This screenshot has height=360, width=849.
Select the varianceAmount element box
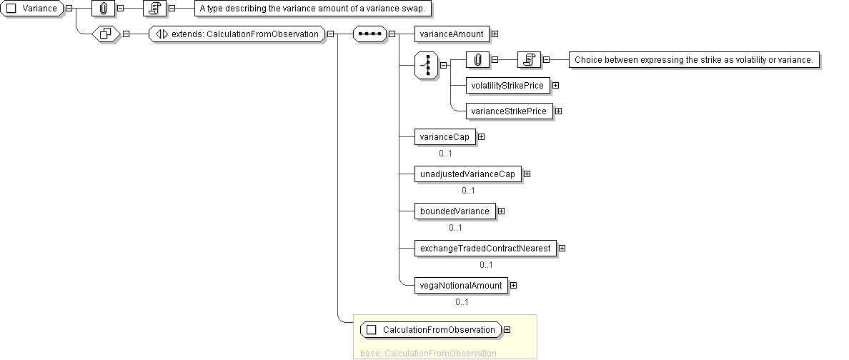[451, 34]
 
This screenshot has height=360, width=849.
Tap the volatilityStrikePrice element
[507, 86]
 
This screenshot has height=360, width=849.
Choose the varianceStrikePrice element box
[509, 111]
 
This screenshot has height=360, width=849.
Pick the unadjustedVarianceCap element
[467, 174]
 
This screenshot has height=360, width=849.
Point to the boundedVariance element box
[455, 211]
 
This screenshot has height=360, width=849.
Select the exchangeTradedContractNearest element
[485, 248]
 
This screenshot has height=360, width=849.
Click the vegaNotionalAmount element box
[461, 285]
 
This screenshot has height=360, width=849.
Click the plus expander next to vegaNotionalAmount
[513, 285]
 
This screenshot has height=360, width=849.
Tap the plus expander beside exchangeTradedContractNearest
[562, 248]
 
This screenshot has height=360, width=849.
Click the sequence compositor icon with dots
[369, 34]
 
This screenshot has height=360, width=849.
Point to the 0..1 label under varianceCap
[446, 154]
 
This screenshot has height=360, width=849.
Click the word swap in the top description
[418, 9]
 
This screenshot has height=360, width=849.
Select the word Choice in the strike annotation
[588, 60]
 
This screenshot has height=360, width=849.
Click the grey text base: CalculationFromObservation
[429, 353]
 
